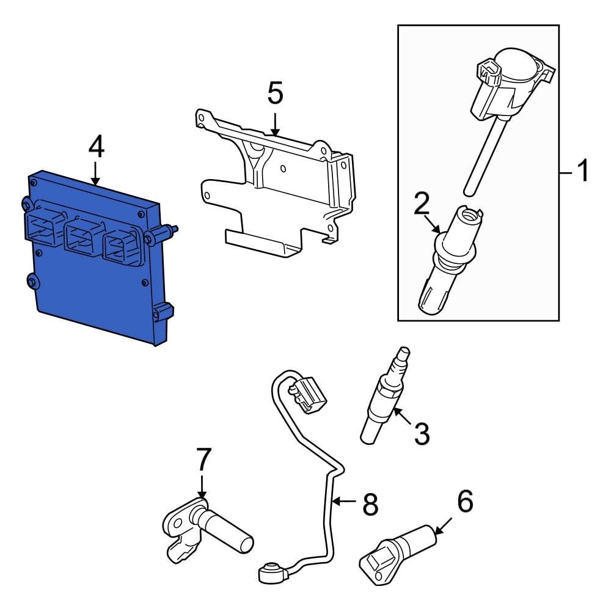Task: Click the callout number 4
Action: click(96, 147)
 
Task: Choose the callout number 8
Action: click(370, 505)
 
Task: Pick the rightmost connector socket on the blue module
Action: click(120, 244)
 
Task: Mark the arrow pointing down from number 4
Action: click(96, 174)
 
